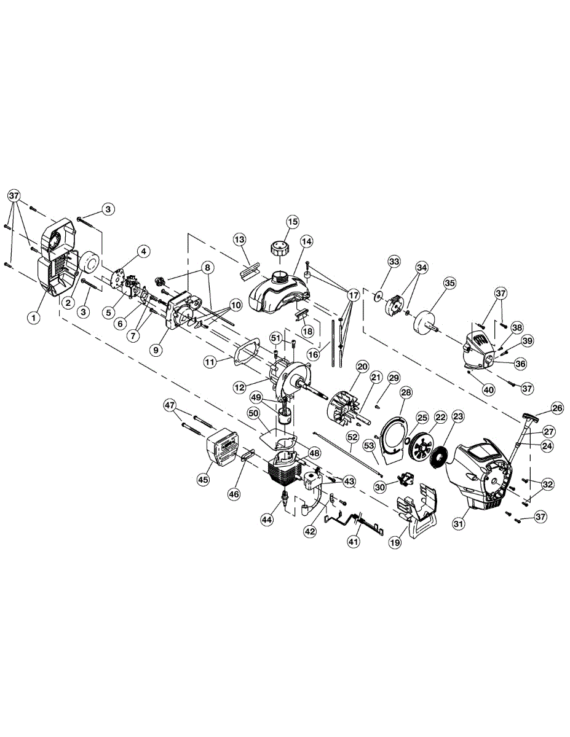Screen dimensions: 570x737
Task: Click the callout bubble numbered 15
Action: [292, 221]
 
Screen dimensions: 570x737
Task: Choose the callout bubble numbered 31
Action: [458, 524]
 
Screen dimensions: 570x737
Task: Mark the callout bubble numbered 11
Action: [210, 362]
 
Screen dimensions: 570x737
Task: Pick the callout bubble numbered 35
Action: [450, 283]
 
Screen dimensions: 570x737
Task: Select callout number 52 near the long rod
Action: [352, 437]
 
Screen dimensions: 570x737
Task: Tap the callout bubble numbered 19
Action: [393, 542]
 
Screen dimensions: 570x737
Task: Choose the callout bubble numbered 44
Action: [266, 520]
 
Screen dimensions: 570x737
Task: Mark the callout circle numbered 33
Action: [394, 262]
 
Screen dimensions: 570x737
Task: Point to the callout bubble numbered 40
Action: [489, 388]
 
